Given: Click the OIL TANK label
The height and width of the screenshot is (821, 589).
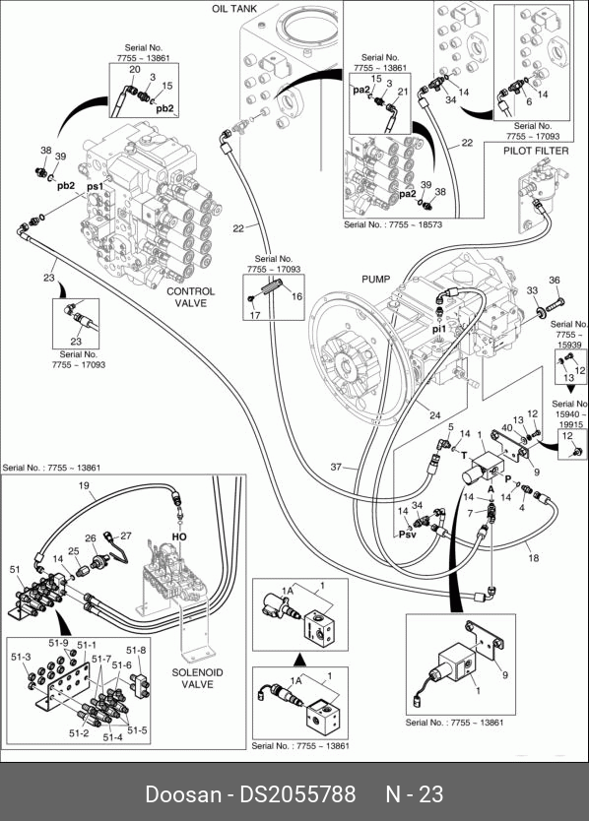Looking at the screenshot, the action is tap(234, 9).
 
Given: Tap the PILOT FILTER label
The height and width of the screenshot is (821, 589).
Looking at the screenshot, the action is tap(536, 151).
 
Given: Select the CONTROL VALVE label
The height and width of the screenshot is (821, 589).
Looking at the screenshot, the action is tap(191, 297).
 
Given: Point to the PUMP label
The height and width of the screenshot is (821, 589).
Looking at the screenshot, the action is tap(375, 279).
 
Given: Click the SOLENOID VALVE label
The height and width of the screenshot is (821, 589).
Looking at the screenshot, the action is tap(198, 678).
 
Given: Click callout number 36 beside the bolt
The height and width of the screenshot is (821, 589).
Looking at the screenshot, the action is tap(555, 281).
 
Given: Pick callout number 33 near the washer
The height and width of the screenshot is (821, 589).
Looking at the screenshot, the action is tap(532, 290).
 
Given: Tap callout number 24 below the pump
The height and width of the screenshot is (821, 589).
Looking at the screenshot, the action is tap(435, 415).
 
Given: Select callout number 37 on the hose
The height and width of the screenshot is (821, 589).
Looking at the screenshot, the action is tap(336, 467).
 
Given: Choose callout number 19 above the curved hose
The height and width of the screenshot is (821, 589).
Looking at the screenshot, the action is tap(84, 485).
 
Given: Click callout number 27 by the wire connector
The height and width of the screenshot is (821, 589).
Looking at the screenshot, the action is tap(126, 536).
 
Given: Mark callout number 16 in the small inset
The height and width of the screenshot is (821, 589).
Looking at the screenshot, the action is tap(297, 296).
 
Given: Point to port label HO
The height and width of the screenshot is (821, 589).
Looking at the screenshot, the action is tap(179, 537).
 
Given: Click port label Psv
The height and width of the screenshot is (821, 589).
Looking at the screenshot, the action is tap(407, 535).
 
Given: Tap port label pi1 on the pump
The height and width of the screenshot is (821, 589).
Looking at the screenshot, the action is tap(438, 329).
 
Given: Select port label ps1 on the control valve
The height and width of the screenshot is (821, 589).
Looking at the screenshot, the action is tap(95, 186).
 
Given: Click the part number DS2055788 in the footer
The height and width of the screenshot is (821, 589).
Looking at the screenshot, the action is tap(297, 794).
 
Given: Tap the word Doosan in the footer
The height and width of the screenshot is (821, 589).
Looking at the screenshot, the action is tap(183, 794).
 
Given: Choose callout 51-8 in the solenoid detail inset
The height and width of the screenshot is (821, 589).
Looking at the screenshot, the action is tap(136, 651).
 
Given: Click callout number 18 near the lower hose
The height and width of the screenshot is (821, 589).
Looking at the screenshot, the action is tap(534, 558).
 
